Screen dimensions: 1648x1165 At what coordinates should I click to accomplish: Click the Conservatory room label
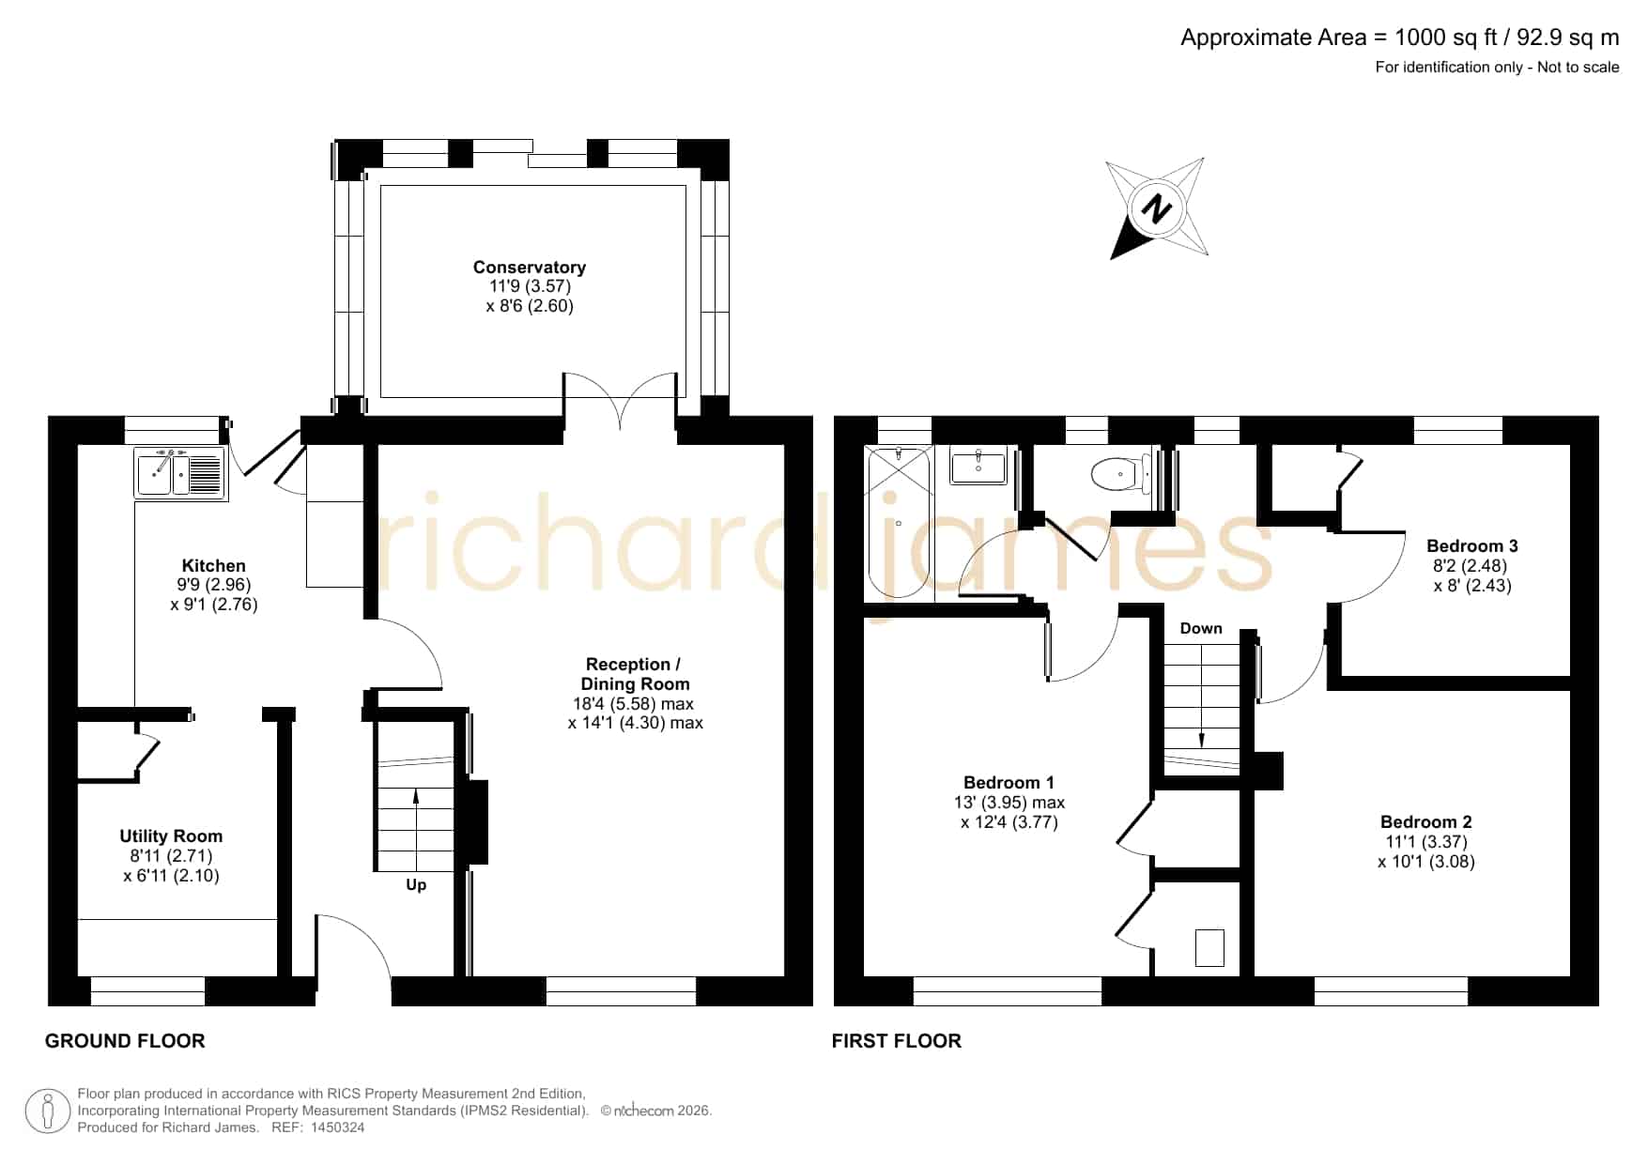point(530,268)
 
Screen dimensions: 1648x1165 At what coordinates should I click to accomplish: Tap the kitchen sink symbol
point(180,472)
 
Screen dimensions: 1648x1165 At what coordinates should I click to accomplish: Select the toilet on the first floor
point(1123,473)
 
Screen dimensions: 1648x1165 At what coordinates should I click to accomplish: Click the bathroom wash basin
point(978,467)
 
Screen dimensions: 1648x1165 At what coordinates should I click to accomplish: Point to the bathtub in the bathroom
point(899,522)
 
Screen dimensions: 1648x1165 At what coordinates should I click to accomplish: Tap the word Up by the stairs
point(416,885)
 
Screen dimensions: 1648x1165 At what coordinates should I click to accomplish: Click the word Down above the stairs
point(1201,629)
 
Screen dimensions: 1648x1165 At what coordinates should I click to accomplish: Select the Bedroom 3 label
point(1471,546)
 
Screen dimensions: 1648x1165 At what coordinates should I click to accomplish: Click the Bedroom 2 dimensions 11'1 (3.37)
point(1425,842)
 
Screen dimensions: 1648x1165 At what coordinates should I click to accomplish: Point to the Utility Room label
point(171,836)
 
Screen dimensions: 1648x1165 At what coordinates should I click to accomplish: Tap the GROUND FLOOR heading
point(125,1041)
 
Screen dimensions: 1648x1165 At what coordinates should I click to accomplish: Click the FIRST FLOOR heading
point(897,1041)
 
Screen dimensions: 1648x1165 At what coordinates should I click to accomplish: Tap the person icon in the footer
point(47,1111)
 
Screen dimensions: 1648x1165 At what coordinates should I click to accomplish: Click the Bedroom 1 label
point(1009,783)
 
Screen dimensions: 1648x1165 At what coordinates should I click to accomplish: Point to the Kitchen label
point(214,566)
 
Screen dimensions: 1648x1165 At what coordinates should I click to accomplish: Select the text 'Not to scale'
point(1579,67)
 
